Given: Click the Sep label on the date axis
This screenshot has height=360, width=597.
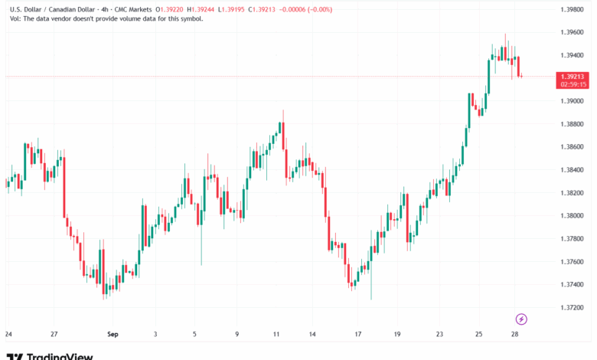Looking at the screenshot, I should pos(113,335).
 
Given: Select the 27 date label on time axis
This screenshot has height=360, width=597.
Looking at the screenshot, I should pos(54,335).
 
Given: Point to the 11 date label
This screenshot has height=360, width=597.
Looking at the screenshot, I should pos(276,335).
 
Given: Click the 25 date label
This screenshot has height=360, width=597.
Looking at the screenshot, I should pos(478,335).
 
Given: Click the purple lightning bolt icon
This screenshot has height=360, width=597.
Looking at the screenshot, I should pos(522,319).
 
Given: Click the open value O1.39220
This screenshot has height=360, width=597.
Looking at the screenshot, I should pos(173,9).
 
